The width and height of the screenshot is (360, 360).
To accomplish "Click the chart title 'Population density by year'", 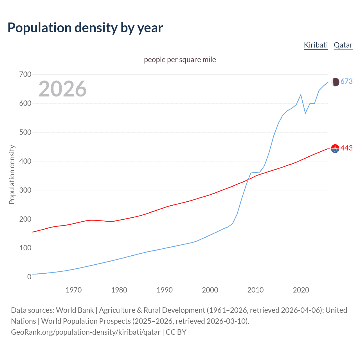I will pos(85,28).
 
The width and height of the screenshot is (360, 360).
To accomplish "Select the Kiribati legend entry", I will pos(316,45).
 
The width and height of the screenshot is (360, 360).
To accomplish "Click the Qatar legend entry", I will pos(343,45).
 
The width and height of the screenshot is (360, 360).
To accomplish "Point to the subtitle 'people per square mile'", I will pos(180,60).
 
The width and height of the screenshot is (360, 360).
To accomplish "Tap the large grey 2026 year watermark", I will pos(62,89).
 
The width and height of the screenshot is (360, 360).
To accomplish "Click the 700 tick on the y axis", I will pos(25,75).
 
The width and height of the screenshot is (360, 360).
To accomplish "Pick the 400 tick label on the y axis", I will pos(25,161).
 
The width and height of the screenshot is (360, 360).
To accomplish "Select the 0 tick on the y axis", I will pos(29,277).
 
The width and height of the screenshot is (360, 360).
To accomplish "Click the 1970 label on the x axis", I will pos(74,290).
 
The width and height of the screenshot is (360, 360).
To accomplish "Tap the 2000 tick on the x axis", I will pos(210,290).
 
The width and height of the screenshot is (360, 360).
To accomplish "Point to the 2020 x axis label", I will pos(301,290).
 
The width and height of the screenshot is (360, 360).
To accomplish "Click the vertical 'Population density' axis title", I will pos(12,174).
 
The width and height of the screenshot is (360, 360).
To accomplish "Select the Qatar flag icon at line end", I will pos(335,82).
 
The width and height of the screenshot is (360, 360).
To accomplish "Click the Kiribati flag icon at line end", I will pos(335,148).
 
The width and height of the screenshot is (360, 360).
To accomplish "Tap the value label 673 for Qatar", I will pos(346,82).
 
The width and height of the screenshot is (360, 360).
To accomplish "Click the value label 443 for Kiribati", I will pos(346,148).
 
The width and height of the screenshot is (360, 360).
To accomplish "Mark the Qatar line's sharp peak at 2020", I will pos(301,94).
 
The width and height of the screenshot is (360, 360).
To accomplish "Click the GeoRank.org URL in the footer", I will pos(86,332).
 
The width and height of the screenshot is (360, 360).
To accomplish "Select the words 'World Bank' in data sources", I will pos(75,310).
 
